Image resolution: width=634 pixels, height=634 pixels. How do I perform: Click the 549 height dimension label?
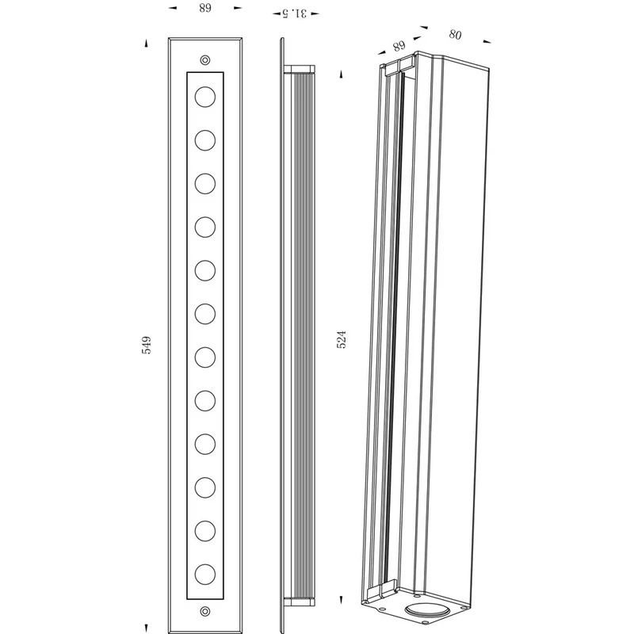click(147, 345)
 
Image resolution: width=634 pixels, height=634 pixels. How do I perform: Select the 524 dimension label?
click(342, 340)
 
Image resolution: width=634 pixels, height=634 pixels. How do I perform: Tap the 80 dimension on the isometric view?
click(455, 35)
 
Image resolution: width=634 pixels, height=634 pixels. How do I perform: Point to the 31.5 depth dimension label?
click(295, 13)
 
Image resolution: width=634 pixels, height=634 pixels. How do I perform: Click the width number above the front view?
click(205, 8)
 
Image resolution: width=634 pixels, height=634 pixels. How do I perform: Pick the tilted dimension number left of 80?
click(399, 46)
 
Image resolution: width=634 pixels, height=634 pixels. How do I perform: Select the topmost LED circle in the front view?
click(205, 97)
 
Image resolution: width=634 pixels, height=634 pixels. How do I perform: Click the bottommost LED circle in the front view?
click(205, 574)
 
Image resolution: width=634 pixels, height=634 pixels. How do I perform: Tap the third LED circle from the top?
click(205, 184)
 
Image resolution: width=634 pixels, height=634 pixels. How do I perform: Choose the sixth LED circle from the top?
click(205, 314)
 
